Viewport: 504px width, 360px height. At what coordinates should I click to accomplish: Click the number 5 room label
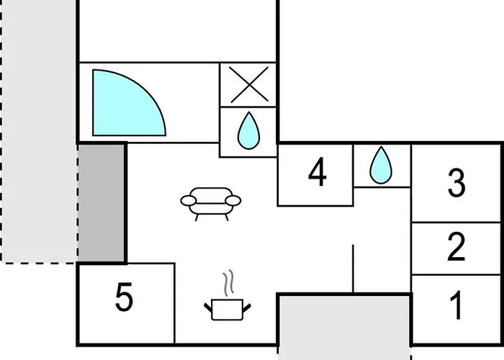pyautogui.click(x=124, y=297)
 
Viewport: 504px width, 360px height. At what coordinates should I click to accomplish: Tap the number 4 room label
pyautogui.click(x=318, y=171)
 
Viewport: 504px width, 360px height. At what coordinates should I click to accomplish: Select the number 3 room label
pyautogui.click(x=456, y=183)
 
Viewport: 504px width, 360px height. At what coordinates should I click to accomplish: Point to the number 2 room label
pyautogui.click(x=456, y=246)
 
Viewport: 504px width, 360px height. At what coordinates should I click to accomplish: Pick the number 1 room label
pyautogui.click(x=456, y=305)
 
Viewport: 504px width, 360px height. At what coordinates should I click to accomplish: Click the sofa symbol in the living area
pyautogui.click(x=210, y=204)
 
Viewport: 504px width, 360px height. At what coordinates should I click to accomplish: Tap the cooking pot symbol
pyautogui.click(x=228, y=310)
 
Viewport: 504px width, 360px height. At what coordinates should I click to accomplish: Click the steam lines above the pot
pyautogui.click(x=228, y=283)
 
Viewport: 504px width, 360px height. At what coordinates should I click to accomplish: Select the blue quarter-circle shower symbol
pyautogui.click(x=129, y=103)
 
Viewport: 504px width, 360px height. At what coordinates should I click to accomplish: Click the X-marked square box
pyautogui.click(x=248, y=84)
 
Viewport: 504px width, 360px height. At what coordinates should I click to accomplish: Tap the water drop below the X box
pyautogui.click(x=248, y=131)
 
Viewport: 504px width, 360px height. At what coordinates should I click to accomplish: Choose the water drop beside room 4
pyautogui.click(x=381, y=165)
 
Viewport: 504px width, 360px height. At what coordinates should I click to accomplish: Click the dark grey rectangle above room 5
pyautogui.click(x=102, y=203)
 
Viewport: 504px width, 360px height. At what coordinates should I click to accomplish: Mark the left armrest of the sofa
pyautogui.click(x=189, y=201)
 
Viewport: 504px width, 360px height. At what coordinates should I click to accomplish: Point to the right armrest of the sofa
pyautogui.click(x=233, y=201)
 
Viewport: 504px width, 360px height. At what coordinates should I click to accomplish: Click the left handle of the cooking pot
pyautogui.click(x=208, y=307)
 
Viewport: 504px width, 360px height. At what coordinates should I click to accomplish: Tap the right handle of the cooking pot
pyautogui.click(x=247, y=308)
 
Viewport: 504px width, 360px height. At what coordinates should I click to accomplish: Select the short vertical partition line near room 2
pyautogui.click(x=353, y=269)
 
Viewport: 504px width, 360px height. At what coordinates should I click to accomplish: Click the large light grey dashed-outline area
pyautogui.click(x=39, y=130)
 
